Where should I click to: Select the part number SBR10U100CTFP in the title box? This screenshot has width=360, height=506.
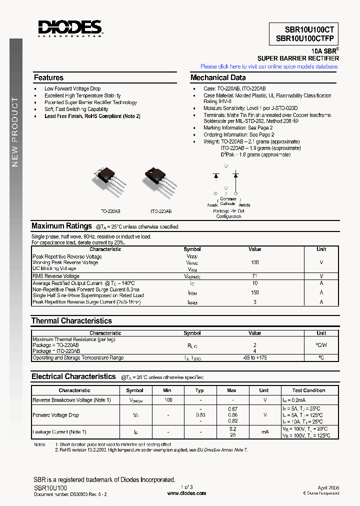pos(305,39)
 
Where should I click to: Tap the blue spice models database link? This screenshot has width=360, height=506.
pos(269,66)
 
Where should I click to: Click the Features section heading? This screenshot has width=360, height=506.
pos(48,77)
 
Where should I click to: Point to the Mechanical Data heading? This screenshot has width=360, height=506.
pos(218,77)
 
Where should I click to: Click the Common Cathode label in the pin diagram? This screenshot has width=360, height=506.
pos(227,201)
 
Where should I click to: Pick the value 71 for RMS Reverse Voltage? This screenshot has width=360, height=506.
pos(254,276)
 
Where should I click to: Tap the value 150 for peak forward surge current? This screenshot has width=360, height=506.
pos(254,292)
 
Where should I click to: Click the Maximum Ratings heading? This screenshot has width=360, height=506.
pos(61,226)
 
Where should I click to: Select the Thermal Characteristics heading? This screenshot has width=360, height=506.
pos(71,320)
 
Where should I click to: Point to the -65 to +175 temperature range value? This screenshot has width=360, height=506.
pos(254,358)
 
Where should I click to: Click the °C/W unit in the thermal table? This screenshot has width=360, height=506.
pos(321,345)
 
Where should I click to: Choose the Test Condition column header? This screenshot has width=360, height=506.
pos(308,390)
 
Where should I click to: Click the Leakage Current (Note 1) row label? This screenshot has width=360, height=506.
pos(59,432)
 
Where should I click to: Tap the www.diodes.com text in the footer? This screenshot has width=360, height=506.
pos(186,493)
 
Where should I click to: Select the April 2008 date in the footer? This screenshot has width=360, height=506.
pos(328,487)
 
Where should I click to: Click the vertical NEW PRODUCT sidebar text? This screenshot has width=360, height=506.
pos(15,132)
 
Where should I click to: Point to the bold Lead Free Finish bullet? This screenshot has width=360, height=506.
pos(92,116)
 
